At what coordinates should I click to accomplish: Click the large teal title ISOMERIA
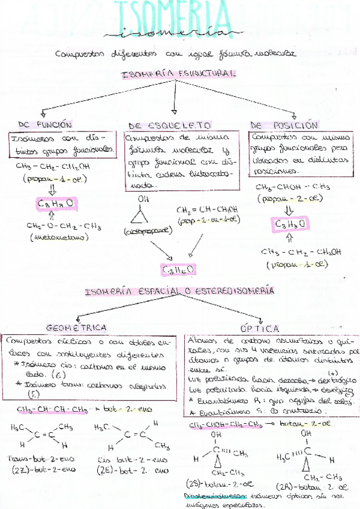[x=179, y=16]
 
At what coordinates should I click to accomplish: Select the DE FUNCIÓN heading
[x=45, y=125]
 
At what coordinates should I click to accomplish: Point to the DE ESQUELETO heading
[x=170, y=125]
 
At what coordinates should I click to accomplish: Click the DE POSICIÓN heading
[x=283, y=125]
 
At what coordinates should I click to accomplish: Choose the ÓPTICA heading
[x=260, y=328]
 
